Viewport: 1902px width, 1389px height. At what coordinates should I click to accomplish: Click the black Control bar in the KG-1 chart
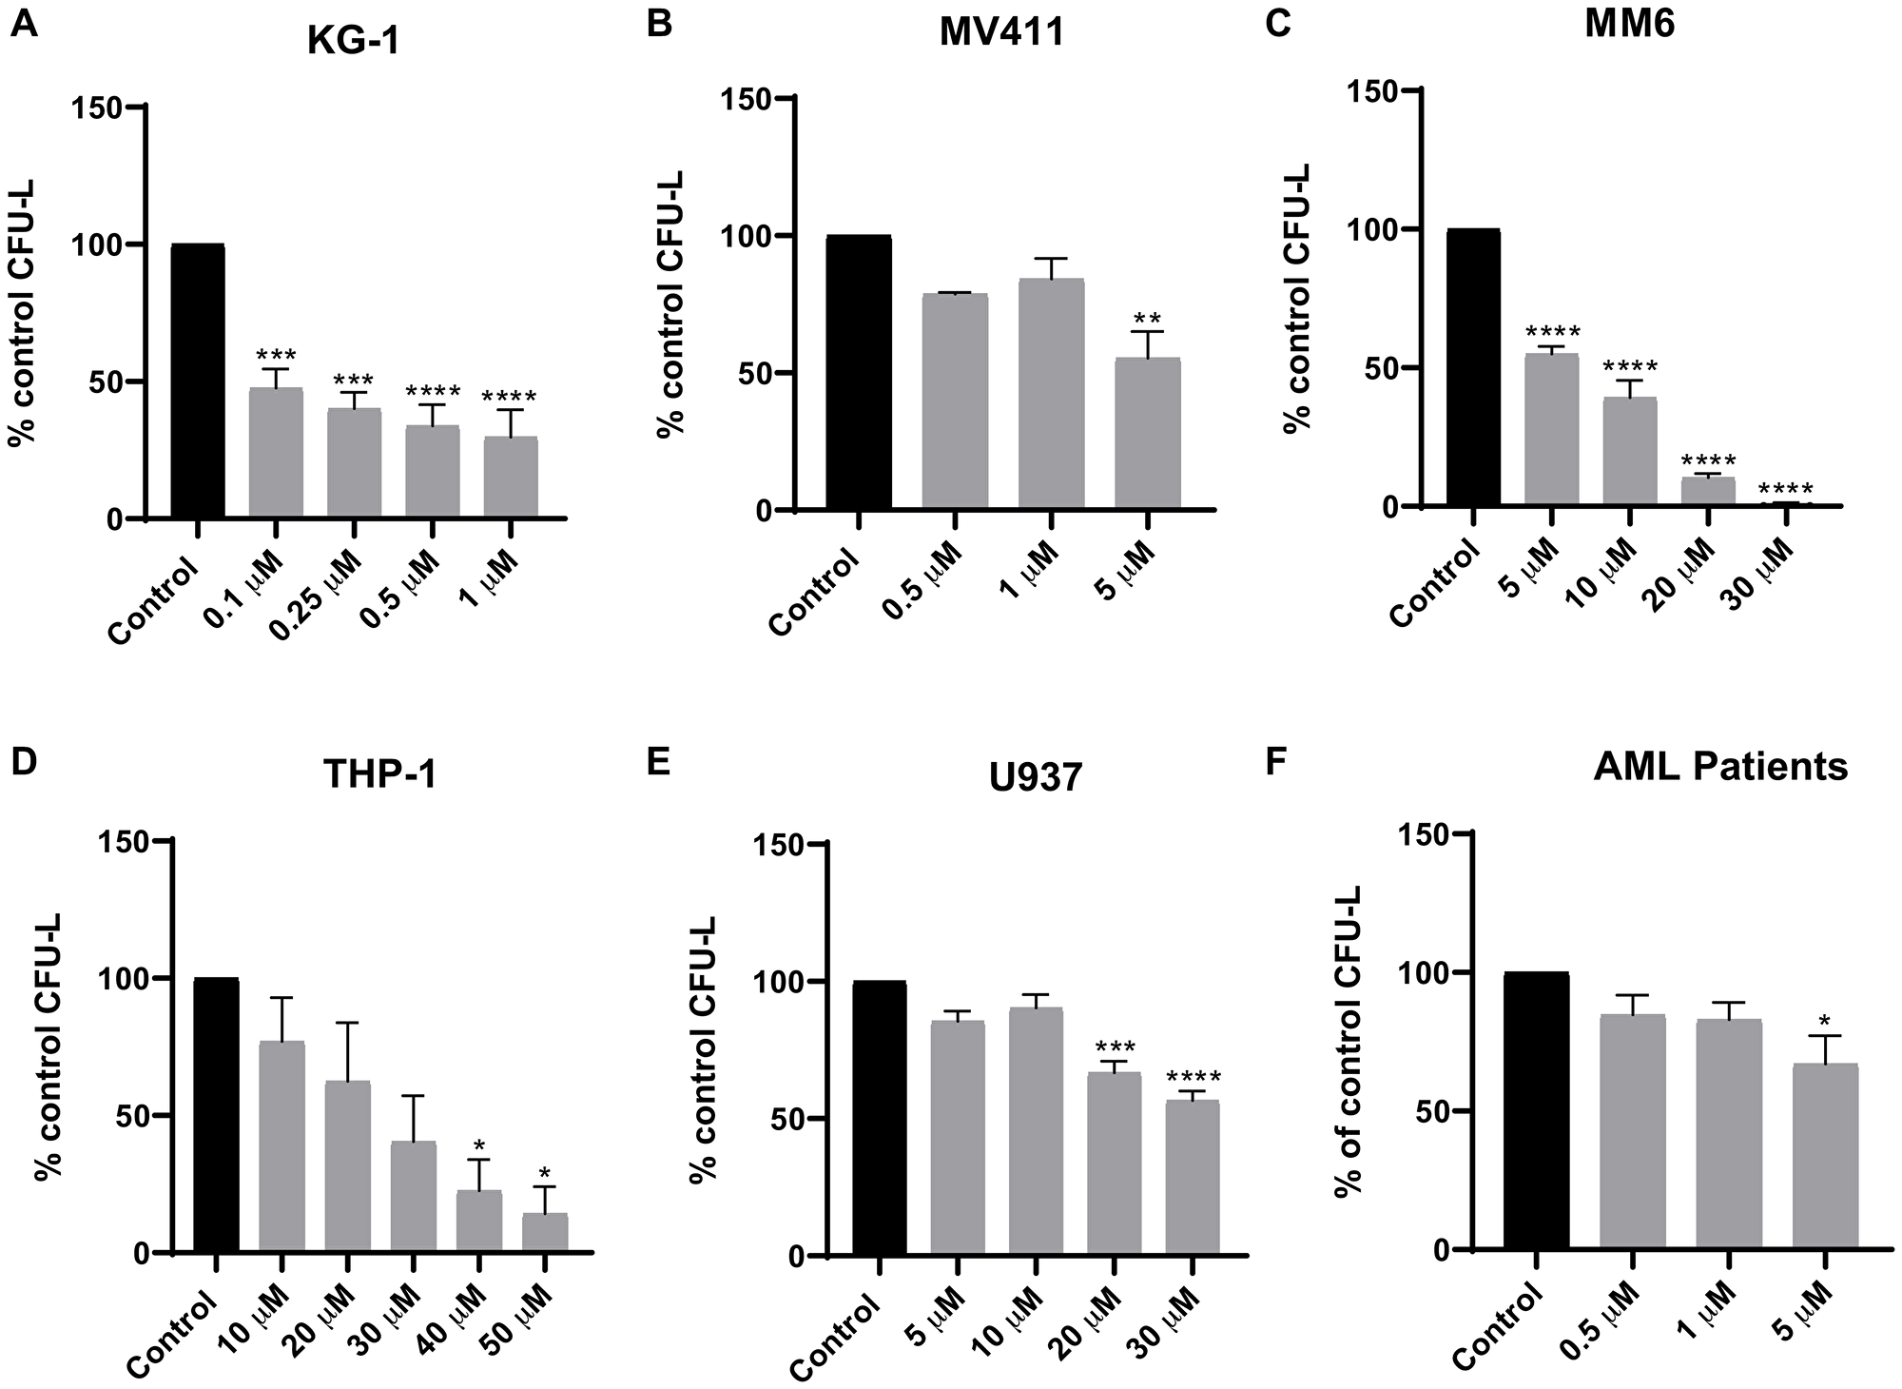(198, 381)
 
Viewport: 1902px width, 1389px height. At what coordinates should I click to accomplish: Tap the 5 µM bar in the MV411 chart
(1148, 433)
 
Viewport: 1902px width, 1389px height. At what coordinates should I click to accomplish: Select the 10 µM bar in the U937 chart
(1036, 1131)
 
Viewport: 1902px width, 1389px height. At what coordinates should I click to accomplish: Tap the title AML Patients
(1719, 767)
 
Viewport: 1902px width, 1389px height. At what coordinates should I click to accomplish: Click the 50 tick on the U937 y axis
(779, 1120)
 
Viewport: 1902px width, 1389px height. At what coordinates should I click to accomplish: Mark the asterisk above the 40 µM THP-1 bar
(479, 1144)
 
